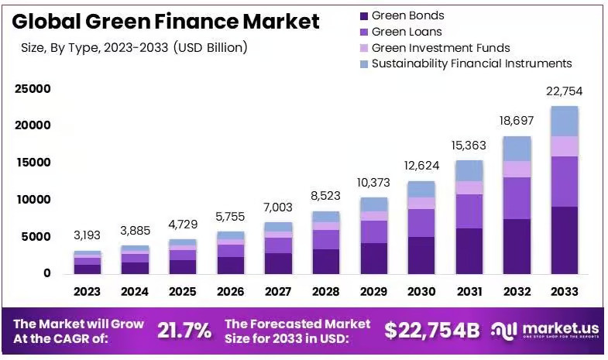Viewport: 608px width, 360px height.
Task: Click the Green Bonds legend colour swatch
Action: click(x=364, y=16)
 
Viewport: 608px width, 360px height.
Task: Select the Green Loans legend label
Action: click(x=407, y=32)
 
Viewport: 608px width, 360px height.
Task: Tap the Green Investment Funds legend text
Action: click(x=441, y=48)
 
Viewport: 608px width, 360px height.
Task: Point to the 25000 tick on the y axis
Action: click(x=33, y=89)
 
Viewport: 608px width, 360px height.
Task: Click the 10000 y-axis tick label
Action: click(x=34, y=200)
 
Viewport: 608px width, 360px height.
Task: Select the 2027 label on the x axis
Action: click(x=278, y=291)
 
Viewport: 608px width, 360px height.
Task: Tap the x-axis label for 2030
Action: click(x=421, y=291)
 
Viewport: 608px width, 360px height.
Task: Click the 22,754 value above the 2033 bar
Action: click(x=564, y=91)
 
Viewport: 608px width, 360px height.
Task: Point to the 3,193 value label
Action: click(x=88, y=235)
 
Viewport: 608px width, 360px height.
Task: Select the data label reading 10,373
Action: click(x=373, y=183)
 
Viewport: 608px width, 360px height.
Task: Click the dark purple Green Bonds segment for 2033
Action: click(x=565, y=240)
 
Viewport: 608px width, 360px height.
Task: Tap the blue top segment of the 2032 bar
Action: click(x=517, y=149)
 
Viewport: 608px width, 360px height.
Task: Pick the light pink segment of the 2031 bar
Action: click(x=469, y=187)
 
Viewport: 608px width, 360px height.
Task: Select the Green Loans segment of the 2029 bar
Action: click(x=374, y=231)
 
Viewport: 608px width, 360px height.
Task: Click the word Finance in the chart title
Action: click(x=196, y=22)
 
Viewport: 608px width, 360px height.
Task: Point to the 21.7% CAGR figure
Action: click(x=184, y=331)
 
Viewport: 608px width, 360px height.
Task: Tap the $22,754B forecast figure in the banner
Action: click(x=432, y=331)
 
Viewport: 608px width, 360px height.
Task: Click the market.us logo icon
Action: click(x=504, y=331)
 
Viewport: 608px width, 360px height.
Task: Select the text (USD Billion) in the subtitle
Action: click(x=210, y=48)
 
